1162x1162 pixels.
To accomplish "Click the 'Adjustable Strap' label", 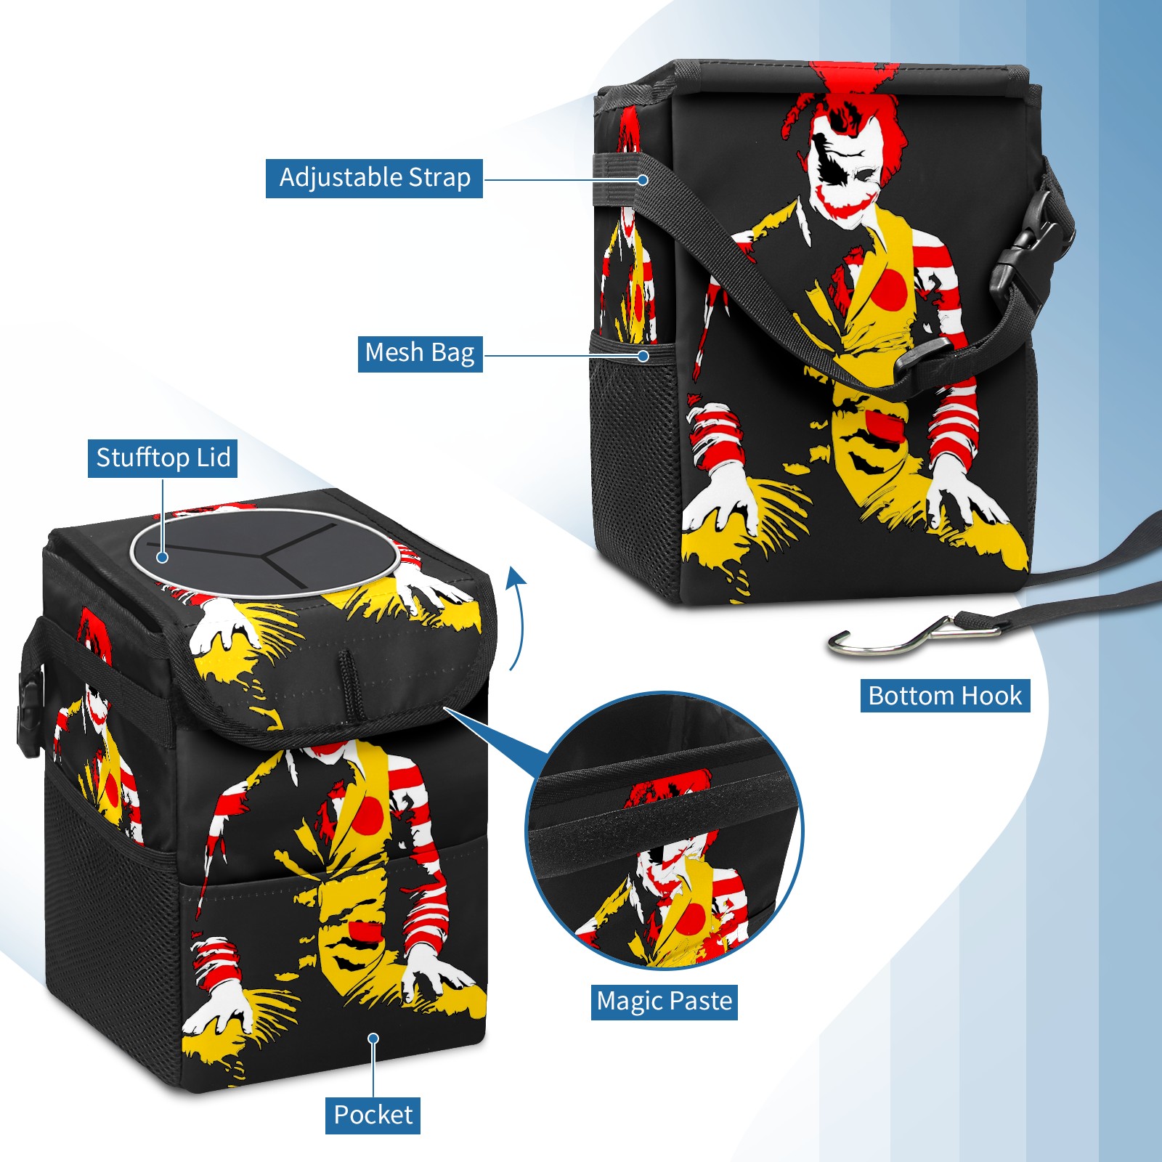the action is coord(374,178).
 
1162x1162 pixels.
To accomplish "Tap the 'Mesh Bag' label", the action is coord(420,353).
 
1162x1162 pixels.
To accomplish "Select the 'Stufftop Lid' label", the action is coord(163,458).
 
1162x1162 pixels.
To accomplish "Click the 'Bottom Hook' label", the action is coord(945,696).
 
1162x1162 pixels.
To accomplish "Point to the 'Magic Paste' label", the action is coord(665,1001).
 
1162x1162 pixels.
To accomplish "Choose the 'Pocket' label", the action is coord(373,1115).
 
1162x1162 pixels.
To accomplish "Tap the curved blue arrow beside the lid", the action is coord(516,617).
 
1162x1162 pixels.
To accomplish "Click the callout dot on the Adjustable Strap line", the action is coord(643,179).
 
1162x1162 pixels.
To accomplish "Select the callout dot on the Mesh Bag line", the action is coord(643,356).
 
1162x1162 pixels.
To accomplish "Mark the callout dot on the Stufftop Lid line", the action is coord(163,557).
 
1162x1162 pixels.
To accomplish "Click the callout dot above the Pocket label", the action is coord(373,1039).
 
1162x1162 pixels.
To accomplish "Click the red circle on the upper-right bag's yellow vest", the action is coord(889,286).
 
